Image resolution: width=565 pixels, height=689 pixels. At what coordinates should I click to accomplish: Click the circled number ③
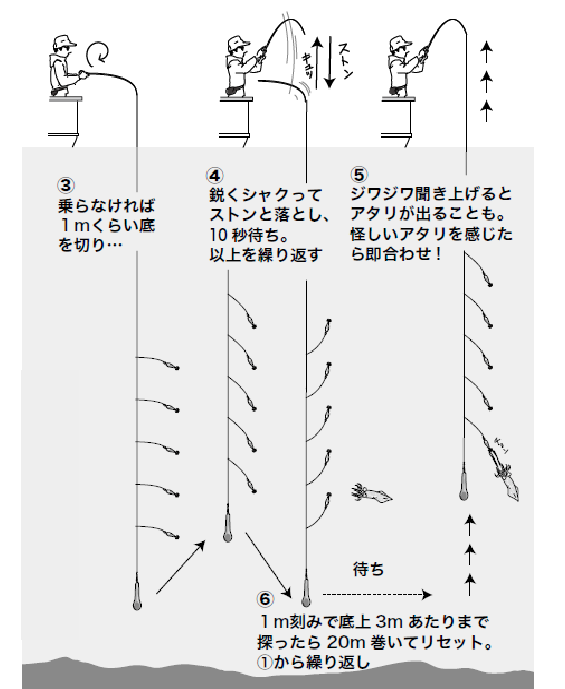point(66,185)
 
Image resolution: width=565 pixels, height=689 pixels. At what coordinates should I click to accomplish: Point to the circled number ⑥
point(264,600)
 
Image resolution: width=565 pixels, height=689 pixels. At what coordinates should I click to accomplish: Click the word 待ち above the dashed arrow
point(369,569)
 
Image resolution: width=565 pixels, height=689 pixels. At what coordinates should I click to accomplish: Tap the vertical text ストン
point(343,63)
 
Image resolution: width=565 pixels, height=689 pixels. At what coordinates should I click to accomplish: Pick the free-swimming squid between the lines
point(372,492)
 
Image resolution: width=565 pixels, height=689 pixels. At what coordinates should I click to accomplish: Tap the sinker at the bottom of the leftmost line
point(136,597)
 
